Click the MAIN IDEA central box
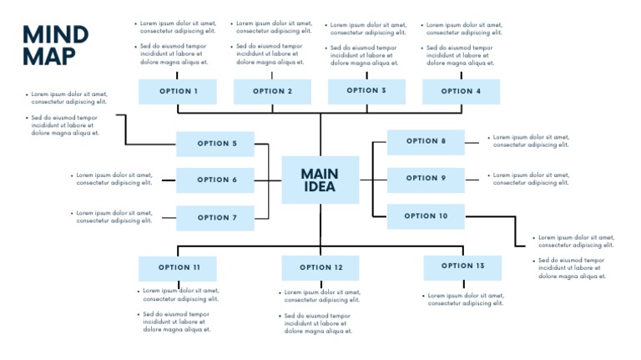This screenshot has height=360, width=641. coord(320,180)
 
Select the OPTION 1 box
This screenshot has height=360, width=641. coord(178,92)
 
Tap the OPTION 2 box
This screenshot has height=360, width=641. coord(272,92)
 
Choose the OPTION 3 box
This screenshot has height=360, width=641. coord(366,91)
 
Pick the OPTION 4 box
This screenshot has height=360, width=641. coord(461,92)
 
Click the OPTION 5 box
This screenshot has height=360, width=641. coord(215,144)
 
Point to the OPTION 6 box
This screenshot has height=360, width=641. coord(215,180)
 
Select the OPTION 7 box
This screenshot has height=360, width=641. coord(215,218)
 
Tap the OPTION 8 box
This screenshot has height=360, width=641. coord(426,142)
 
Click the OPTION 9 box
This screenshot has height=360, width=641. coord(426,179)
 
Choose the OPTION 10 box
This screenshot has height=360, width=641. coord(426,216)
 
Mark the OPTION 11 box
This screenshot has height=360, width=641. coord(178,268)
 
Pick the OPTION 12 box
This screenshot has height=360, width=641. coord(320,268)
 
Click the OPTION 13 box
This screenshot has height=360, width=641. coord(462,266)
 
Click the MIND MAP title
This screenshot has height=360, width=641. coord(55,45)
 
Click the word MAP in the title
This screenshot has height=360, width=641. coord(48,57)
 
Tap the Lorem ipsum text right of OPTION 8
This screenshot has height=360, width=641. coord(531,141)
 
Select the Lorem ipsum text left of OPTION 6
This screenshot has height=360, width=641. coord(114,179)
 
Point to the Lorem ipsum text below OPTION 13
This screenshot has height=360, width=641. coord(466,299)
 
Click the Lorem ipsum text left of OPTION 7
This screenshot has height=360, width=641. coord(114,216)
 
